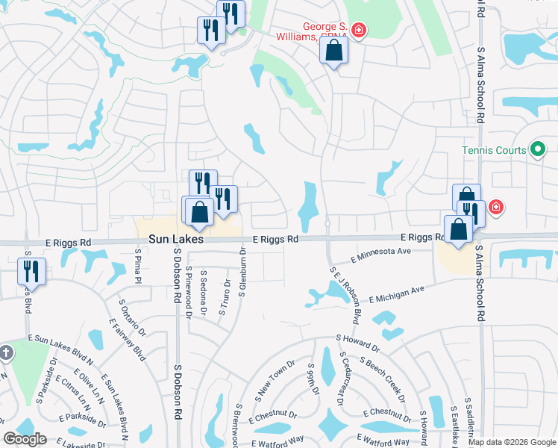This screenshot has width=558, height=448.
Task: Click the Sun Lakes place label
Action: [175, 240]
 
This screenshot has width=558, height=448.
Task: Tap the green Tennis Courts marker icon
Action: [536, 149]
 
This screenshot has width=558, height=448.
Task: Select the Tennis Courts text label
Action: [493, 150]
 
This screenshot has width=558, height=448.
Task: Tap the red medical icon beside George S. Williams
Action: [359, 31]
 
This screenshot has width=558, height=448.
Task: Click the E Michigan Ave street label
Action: [396, 293]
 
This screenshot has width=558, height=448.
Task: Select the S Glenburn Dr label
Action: [242, 273]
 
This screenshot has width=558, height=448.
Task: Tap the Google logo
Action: [25, 439]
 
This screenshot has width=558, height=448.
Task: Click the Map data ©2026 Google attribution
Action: [511, 442]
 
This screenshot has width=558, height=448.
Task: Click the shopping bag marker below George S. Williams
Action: [334, 51]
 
